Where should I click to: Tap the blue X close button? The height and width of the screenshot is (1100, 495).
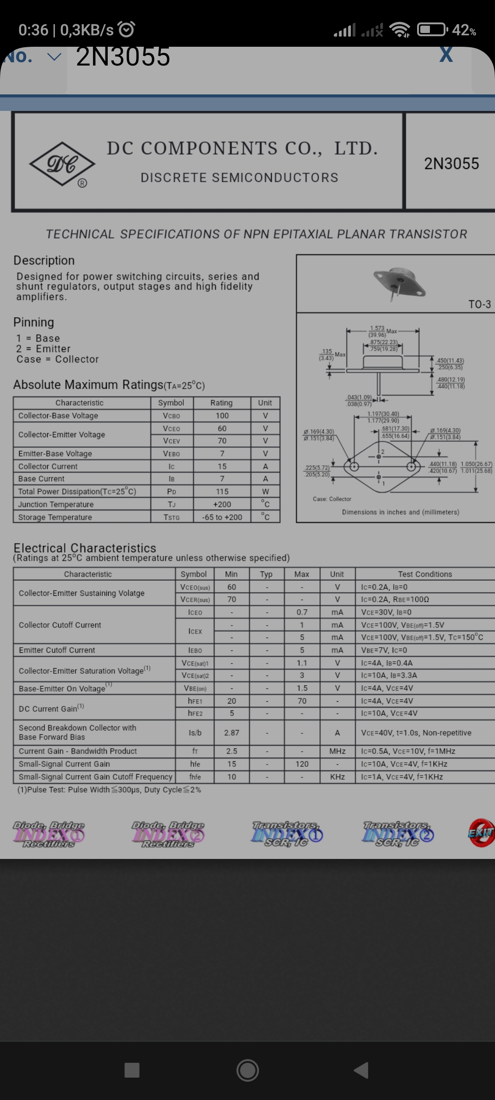click(446, 55)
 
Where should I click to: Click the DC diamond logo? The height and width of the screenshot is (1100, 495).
click(62, 164)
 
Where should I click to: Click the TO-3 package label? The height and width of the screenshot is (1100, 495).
click(479, 304)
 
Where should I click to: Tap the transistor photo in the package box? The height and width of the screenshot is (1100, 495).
click(399, 283)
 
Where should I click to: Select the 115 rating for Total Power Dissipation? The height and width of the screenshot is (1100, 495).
click(222, 491)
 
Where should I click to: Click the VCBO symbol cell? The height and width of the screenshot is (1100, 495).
click(171, 416)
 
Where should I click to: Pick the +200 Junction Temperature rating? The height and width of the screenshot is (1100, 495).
click(222, 504)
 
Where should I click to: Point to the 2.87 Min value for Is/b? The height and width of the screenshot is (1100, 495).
click(231, 733)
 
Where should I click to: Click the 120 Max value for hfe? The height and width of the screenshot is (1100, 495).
click(302, 764)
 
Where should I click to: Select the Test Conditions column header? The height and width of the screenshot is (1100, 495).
click(425, 574)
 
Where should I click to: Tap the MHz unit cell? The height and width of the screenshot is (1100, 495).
click(337, 751)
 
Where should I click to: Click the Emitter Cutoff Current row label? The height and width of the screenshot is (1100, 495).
click(57, 650)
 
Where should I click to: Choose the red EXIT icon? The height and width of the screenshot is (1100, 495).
click(481, 833)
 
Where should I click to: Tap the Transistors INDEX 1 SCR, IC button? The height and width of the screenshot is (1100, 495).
click(287, 834)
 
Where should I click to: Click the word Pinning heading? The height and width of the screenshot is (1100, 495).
click(33, 322)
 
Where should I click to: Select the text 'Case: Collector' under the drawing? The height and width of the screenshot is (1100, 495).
click(332, 499)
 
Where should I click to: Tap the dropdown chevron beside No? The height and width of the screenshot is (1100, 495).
click(54, 57)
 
